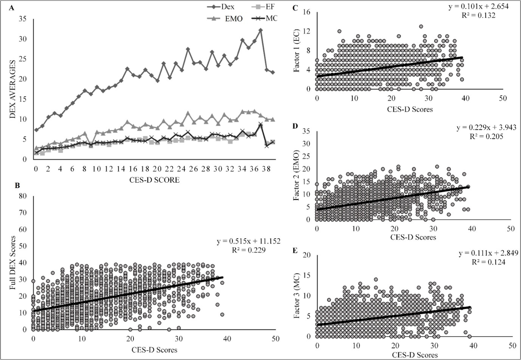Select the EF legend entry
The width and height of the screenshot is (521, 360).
point(267,7)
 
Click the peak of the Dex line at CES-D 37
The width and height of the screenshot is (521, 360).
point(260,30)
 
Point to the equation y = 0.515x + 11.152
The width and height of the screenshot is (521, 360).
point(248,242)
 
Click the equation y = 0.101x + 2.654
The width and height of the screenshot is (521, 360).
point(484,7)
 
